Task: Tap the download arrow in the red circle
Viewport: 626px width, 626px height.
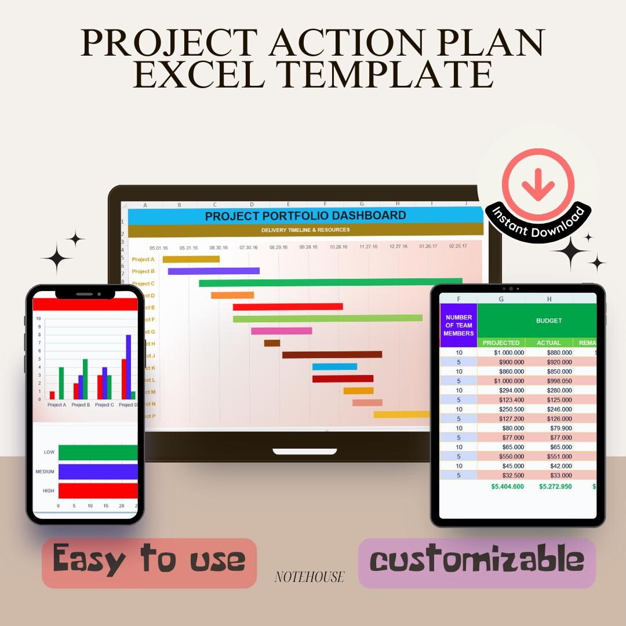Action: pos(538,183)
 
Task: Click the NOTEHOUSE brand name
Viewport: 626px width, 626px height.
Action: pos(309,577)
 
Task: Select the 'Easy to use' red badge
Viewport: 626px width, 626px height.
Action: pos(149,561)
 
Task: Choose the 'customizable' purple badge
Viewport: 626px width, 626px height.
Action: pos(476,561)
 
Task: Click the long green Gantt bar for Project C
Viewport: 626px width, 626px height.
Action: pos(330,283)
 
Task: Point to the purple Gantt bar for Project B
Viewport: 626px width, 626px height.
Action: pos(213,271)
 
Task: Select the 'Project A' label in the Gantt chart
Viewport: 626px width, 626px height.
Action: pos(143,260)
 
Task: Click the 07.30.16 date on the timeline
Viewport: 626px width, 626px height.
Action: pos(248,248)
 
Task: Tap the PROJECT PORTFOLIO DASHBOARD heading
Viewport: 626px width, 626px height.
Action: pos(305,216)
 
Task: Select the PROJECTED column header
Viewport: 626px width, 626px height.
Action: pos(501,343)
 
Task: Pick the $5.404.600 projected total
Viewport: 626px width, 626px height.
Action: pos(507,486)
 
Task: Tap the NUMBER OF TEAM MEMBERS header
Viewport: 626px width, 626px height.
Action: pos(458,325)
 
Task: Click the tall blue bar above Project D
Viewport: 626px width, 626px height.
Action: pos(128,363)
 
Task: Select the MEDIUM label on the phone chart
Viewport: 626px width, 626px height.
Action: pos(45,472)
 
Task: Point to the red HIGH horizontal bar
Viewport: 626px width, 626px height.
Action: pos(97,490)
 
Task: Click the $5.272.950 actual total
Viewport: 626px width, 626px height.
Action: pos(555,486)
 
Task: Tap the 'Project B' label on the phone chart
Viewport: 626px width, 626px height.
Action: pos(81,405)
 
